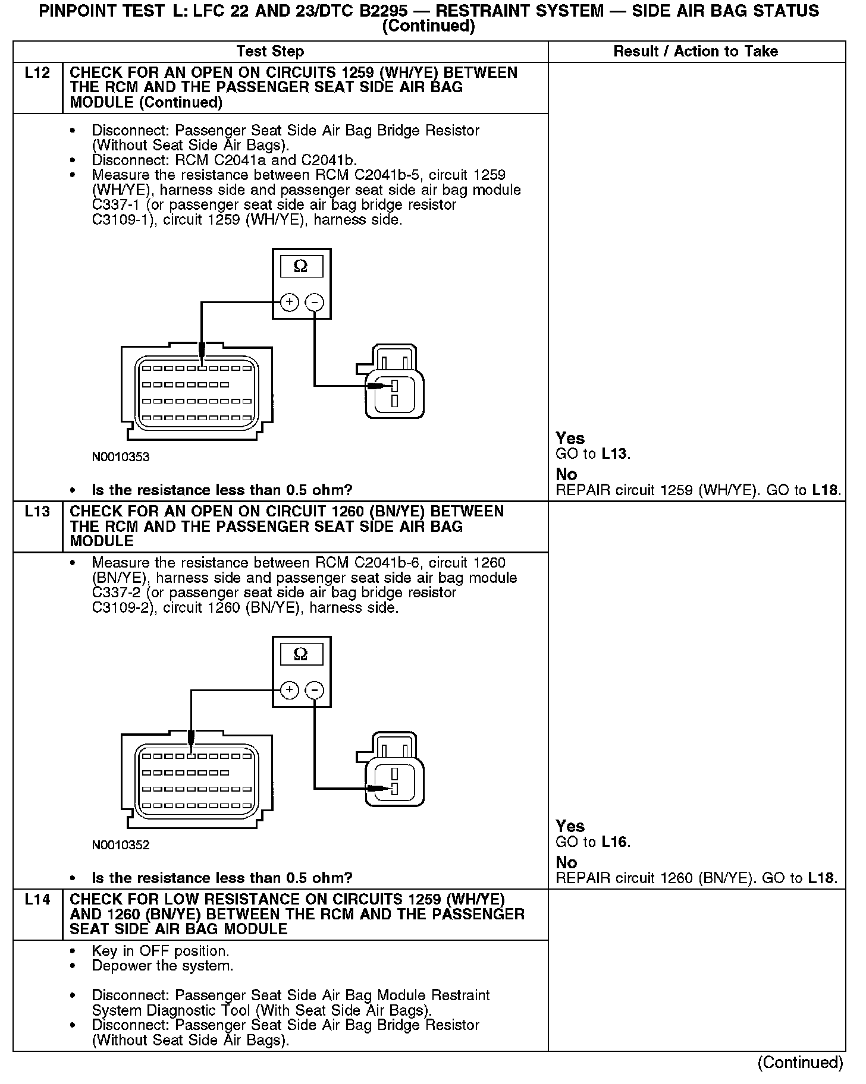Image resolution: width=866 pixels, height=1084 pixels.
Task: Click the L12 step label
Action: click(x=37, y=73)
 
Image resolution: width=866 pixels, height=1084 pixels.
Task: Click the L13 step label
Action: click(x=37, y=512)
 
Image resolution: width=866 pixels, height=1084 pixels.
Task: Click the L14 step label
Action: click(x=37, y=900)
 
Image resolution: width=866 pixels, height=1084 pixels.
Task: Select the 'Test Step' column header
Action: click(x=270, y=52)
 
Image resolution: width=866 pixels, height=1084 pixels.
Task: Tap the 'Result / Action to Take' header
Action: click(x=695, y=52)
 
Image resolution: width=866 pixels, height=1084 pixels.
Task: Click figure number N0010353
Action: click(x=121, y=458)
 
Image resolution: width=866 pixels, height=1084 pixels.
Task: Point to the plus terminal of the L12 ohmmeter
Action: click(x=289, y=302)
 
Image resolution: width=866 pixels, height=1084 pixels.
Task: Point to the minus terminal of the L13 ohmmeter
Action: click(x=315, y=690)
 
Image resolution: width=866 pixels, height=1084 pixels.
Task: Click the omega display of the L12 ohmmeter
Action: click(x=301, y=267)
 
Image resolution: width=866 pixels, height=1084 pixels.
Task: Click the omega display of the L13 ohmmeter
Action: click(x=301, y=655)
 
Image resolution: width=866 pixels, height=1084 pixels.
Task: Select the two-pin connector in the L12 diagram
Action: click(x=393, y=383)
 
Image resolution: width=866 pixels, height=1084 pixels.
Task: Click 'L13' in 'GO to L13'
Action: click(x=614, y=455)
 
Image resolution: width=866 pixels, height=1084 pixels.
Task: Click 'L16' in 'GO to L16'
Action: click(x=614, y=842)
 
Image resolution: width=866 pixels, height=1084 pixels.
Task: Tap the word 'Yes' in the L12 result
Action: click(x=570, y=439)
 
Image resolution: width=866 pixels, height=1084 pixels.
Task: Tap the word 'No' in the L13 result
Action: click(x=566, y=862)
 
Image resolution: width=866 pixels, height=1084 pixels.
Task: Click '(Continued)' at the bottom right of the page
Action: click(x=800, y=1063)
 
